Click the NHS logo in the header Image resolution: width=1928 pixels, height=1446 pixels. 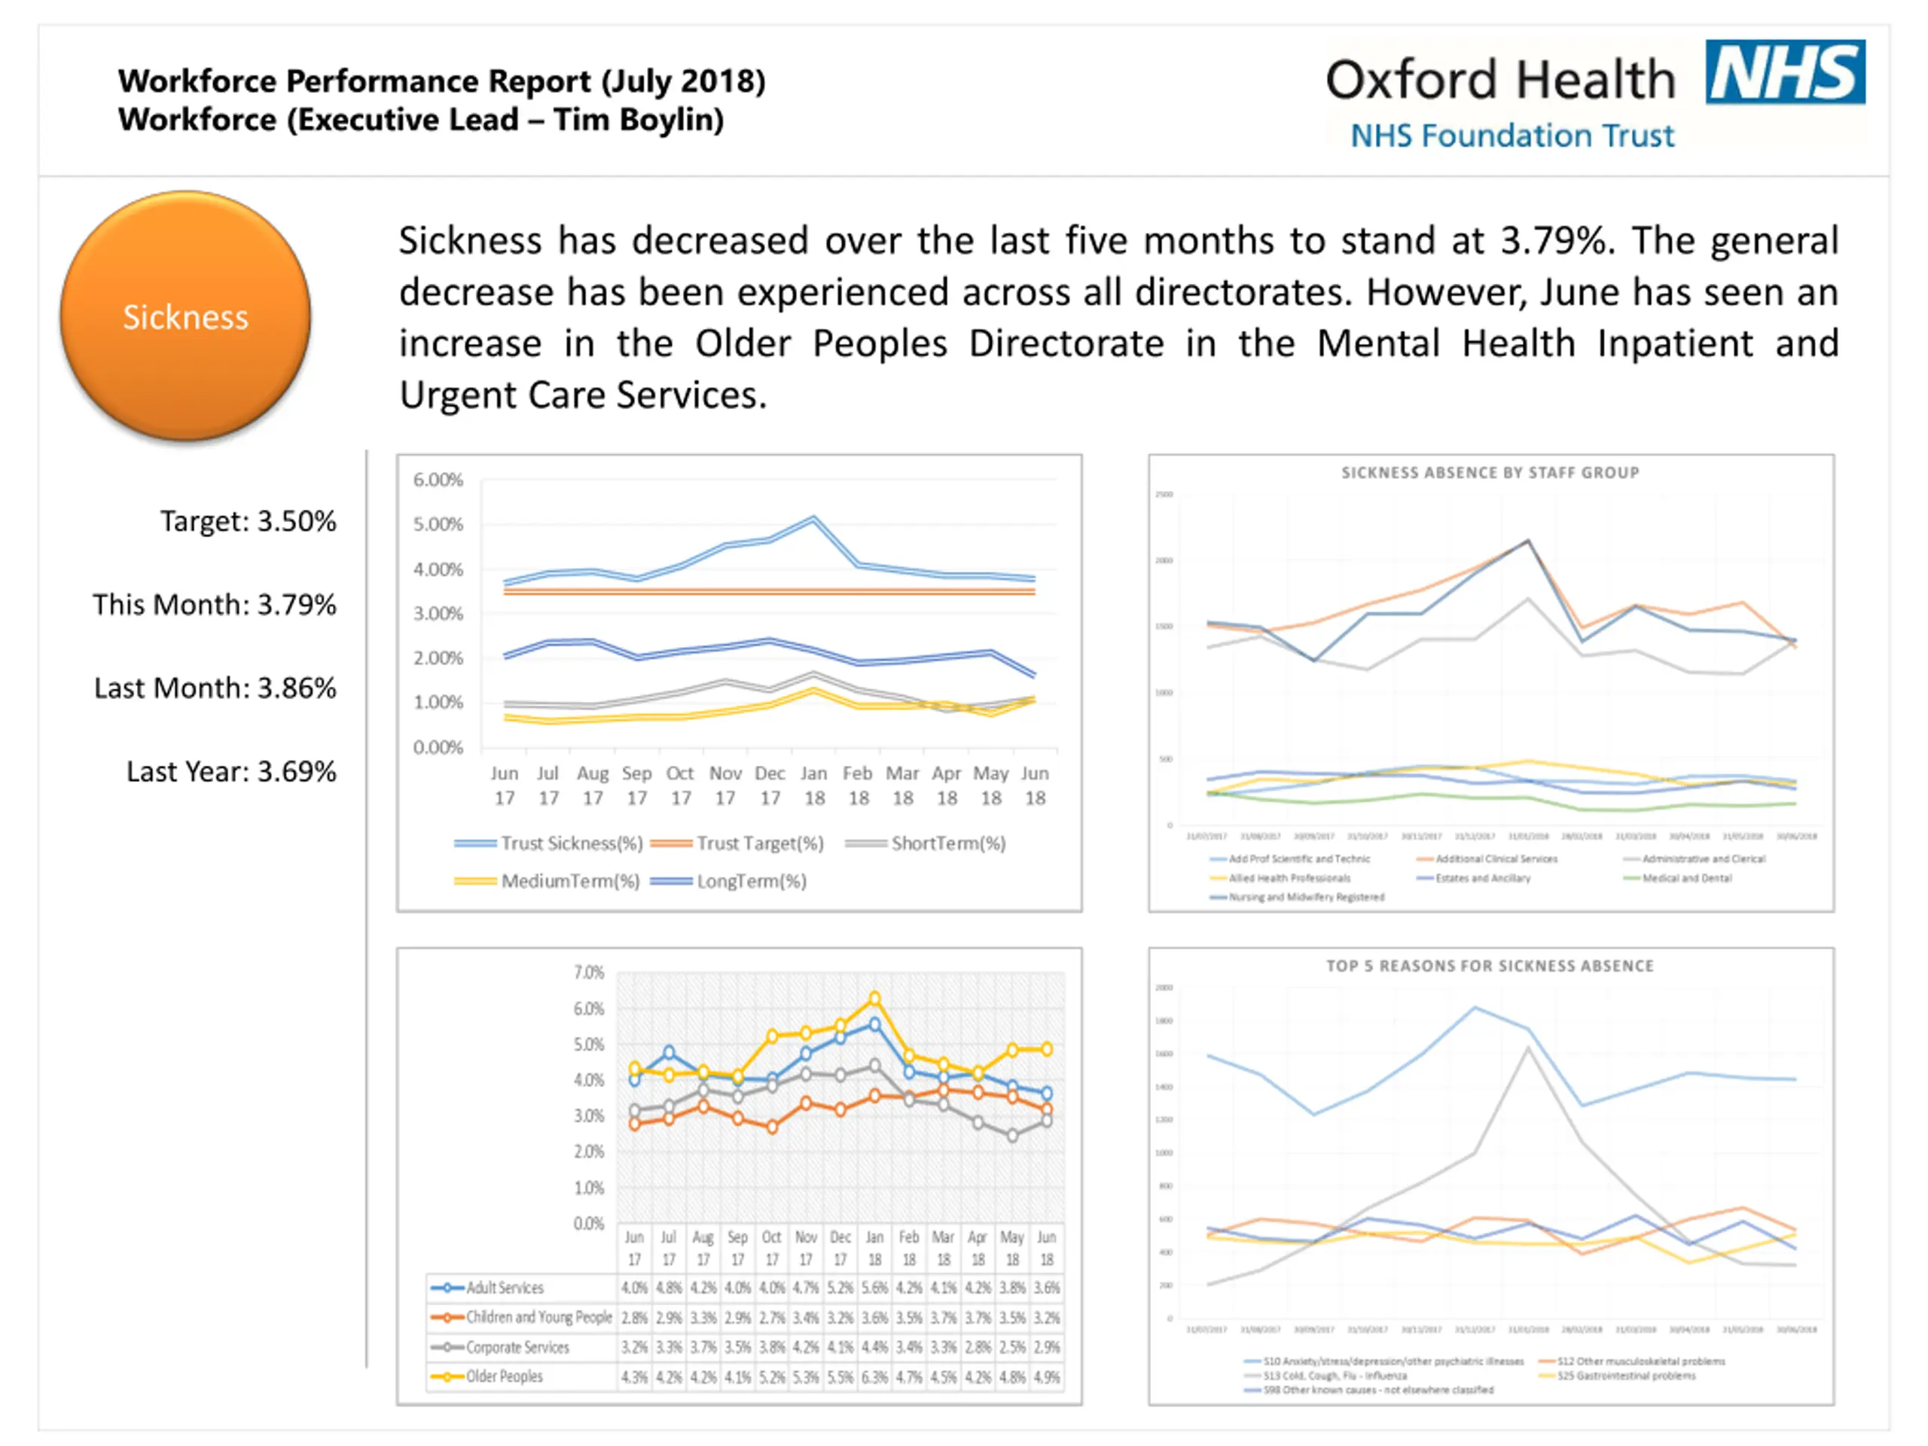pyautogui.click(x=1784, y=72)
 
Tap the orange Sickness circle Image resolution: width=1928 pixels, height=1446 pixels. pyautogui.click(x=185, y=316)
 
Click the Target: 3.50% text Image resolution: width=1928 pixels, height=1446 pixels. pyautogui.click(x=248, y=521)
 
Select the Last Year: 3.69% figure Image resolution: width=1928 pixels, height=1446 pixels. pyautogui.click(x=231, y=771)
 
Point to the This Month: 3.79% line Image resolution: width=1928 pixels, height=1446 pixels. pyautogui.click(x=215, y=605)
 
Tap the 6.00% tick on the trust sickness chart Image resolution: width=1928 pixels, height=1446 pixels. pyautogui.click(x=438, y=480)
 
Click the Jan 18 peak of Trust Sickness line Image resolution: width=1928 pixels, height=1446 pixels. pyautogui.click(x=814, y=519)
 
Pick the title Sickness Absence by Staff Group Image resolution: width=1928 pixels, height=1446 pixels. pyautogui.click(x=1490, y=472)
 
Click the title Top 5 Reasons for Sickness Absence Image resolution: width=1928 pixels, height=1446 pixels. pyautogui.click(x=1490, y=966)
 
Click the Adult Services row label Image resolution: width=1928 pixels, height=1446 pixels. pyautogui.click(x=505, y=1287)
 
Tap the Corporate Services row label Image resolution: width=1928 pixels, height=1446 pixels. pyautogui.click(x=517, y=1347)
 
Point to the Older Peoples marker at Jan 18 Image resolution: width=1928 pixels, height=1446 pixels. pyautogui.click(x=874, y=999)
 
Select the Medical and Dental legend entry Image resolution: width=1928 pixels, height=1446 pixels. pyautogui.click(x=1686, y=877)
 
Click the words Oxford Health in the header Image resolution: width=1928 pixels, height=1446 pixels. pyautogui.click(x=1500, y=79)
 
